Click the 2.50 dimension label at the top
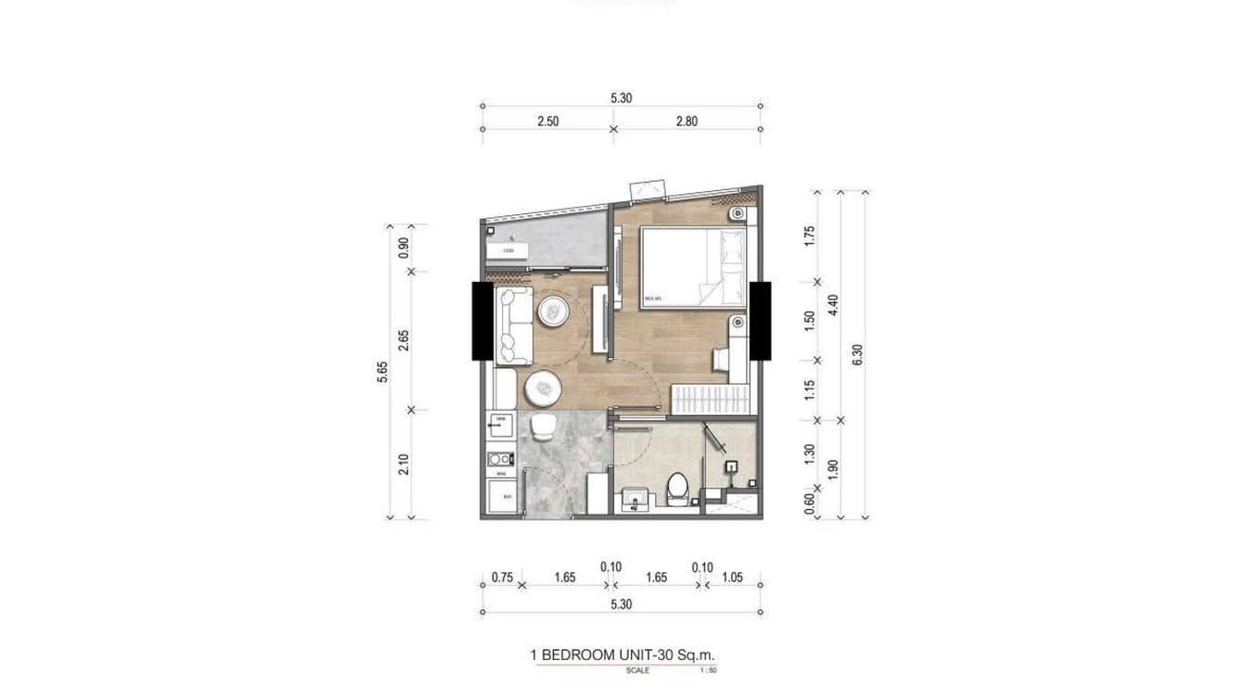546,121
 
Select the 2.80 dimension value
687,121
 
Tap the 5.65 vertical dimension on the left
382,370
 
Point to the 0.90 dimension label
404,248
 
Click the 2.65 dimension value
404,340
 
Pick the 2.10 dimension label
404,464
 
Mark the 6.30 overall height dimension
857,354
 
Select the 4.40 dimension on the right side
833,305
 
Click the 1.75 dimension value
809,235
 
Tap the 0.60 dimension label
809,503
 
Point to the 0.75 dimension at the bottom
502,577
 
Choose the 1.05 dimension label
732,577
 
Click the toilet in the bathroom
677,489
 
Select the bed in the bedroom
692,267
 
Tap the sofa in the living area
514,324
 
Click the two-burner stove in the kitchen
501,458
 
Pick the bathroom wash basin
635,496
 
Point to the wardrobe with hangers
710,400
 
